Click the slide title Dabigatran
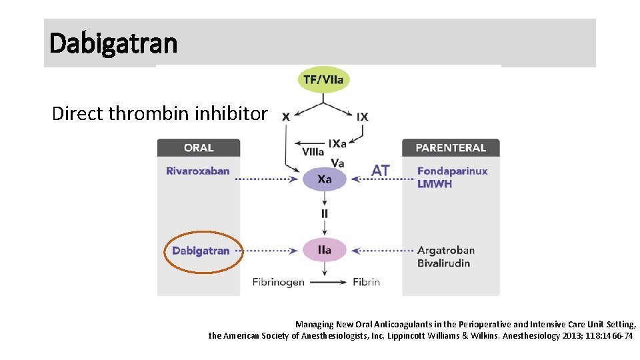point(114,43)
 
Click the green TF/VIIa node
point(323,80)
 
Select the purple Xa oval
point(325,179)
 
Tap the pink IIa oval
point(325,250)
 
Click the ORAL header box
point(199,148)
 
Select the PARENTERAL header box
point(451,148)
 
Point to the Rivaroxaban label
point(198,171)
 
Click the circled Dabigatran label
point(201,251)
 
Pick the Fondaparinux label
point(453,171)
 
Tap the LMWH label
point(435,184)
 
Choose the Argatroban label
point(446,251)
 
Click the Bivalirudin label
point(444,263)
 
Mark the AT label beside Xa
point(381,171)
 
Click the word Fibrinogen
point(279,282)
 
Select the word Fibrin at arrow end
point(366,282)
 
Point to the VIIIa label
point(313,152)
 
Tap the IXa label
point(337,143)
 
